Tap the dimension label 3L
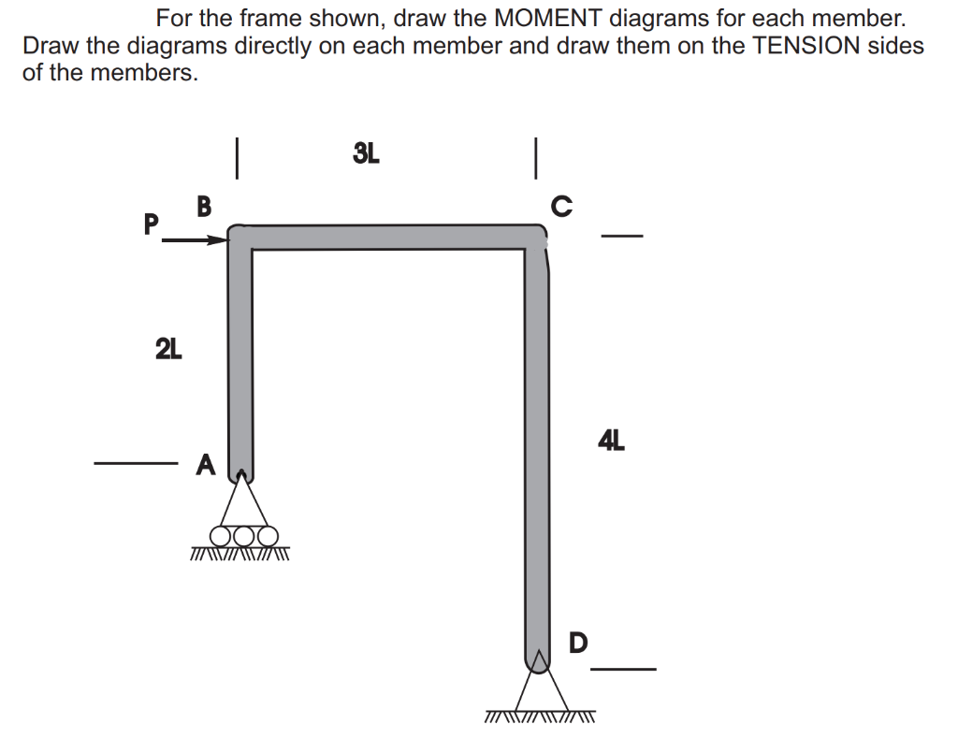[366, 153]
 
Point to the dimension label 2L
[168, 350]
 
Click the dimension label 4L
[611, 439]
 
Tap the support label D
[579, 643]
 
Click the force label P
[149, 224]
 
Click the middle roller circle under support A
[244, 536]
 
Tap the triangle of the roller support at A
[243, 505]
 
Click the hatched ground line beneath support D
[540, 718]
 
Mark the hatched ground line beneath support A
[240, 553]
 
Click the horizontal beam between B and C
[388, 237]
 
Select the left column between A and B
[240, 355]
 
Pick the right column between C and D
[536, 449]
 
